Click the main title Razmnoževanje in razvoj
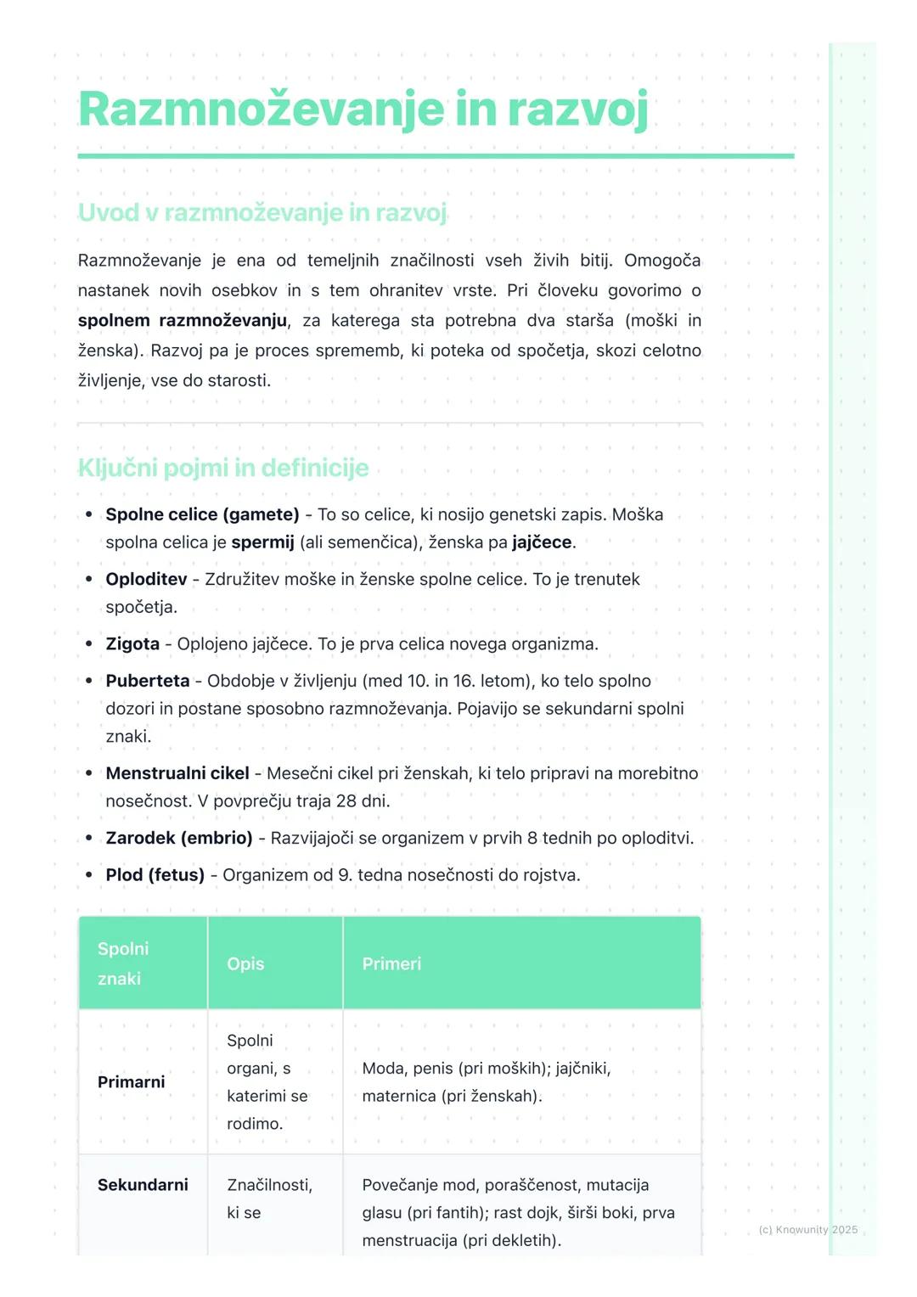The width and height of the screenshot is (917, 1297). click(x=363, y=110)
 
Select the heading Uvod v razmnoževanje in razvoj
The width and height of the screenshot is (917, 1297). click(x=262, y=212)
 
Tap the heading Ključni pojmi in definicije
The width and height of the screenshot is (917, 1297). click(x=223, y=468)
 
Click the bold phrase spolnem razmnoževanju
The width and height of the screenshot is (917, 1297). click(x=183, y=321)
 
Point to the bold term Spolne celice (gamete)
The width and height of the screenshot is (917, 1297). click(x=202, y=514)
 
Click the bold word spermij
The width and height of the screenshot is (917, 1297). click(x=262, y=542)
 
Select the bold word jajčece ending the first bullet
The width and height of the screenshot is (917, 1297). click(x=542, y=542)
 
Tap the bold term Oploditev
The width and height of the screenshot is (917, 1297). click(x=146, y=579)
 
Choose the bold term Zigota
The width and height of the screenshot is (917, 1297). click(x=132, y=644)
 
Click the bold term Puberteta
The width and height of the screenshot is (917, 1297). click(x=148, y=681)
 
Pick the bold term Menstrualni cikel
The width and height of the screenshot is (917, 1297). click(x=177, y=773)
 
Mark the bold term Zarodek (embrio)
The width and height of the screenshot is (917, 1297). click(x=179, y=838)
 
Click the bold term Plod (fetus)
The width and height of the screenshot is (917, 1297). click(x=155, y=875)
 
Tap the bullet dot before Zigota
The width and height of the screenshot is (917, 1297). click(x=88, y=644)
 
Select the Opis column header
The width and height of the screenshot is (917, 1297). click(x=245, y=964)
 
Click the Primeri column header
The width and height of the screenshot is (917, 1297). click(x=391, y=964)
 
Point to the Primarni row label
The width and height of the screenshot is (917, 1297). click(x=132, y=1082)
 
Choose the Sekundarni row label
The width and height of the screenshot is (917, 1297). click(x=143, y=1185)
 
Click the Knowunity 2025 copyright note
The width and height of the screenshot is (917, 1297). click(x=807, y=1230)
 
